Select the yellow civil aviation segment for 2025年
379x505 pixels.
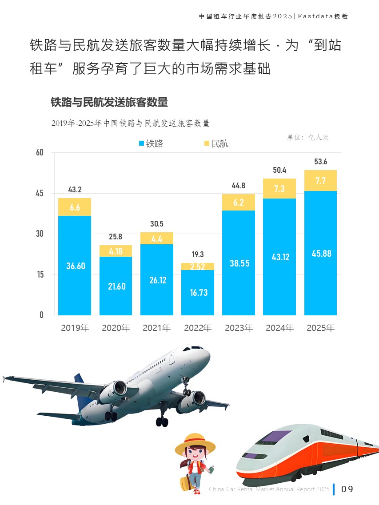pyautogui.click(x=320, y=181)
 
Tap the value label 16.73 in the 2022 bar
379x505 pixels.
pyautogui.click(x=198, y=293)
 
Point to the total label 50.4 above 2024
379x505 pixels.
pyautogui.click(x=279, y=170)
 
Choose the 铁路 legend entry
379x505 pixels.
pyautogui.click(x=151, y=143)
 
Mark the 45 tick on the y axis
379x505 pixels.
pyautogui.click(x=40, y=193)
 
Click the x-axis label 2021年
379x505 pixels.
pyautogui.click(x=156, y=328)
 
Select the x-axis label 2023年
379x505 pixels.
pyautogui.click(x=239, y=328)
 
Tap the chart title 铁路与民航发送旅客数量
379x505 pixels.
pyautogui.click(x=109, y=102)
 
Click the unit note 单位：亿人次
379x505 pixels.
pyautogui.click(x=308, y=138)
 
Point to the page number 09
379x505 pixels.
pyautogui.click(x=347, y=489)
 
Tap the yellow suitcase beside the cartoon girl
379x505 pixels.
pyautogui.click(x=185, y=483)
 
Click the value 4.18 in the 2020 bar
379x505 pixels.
pyautogui.click(x=116, y=251)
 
